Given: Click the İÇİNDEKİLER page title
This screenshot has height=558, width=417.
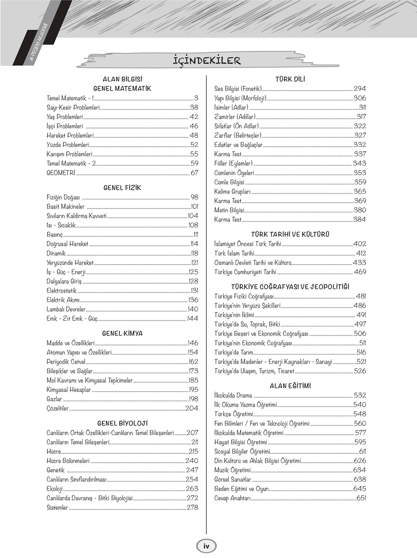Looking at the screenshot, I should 207,61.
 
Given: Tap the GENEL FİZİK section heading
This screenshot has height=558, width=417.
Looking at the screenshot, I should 122,188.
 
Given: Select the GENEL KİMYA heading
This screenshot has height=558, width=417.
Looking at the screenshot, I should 122,334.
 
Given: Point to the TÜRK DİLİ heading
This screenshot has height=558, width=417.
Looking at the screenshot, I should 290,79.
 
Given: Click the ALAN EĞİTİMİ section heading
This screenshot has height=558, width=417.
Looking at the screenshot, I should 290,386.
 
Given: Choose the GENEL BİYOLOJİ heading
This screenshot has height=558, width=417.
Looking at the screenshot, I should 122,424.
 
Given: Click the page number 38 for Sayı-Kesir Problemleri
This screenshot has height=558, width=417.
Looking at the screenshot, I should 194,108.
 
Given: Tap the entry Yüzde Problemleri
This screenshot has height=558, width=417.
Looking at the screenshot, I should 68,145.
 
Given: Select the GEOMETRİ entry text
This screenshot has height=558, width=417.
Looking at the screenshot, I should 61,173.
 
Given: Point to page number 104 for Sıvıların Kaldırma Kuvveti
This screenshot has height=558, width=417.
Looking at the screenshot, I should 193,216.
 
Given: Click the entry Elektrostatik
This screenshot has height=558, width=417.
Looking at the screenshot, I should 62,291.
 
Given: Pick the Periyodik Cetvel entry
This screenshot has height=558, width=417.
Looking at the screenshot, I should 66,362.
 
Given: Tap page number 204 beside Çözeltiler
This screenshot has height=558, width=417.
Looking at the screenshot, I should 192,409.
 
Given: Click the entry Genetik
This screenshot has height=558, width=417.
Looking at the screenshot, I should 56,470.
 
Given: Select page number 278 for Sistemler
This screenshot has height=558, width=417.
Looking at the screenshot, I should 192,508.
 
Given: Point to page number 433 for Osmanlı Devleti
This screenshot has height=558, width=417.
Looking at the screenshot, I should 359,263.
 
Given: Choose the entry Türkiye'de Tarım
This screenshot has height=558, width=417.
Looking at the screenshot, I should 234,353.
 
